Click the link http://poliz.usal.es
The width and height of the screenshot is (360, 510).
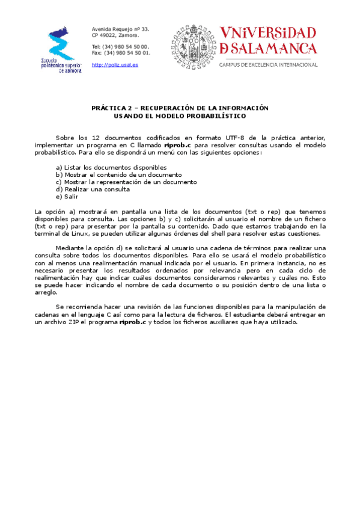(x=115, y=64)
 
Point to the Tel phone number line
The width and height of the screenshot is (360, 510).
(x=120, y=46)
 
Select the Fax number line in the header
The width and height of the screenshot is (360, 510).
(x=121, y=53)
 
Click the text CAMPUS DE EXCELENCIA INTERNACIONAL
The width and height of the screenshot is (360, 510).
(x=268, y=64)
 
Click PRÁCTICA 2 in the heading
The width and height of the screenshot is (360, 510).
(x=111, y=108)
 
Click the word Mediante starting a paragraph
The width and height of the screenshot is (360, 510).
(x=71, y=248)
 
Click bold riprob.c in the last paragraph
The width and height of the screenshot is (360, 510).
(x=133, y=322)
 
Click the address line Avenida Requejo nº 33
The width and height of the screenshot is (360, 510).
(x=120, y=29)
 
